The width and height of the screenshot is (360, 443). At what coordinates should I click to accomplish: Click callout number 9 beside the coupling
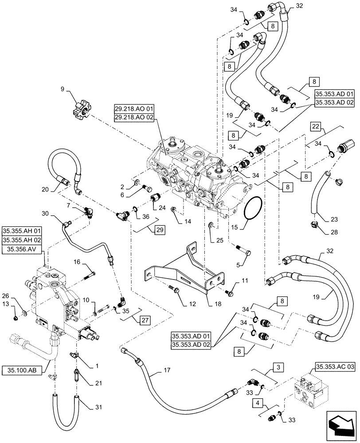click(62, 89)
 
